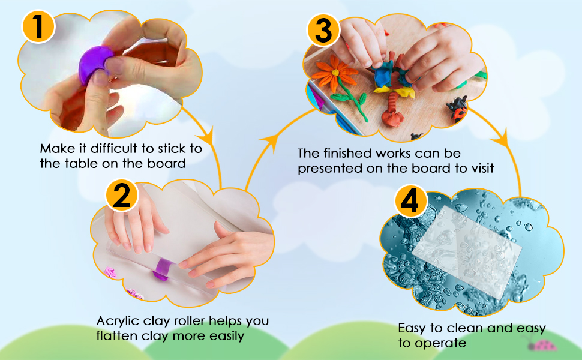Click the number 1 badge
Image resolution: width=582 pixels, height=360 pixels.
[38, 29]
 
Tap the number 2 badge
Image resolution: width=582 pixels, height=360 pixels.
[122, 196]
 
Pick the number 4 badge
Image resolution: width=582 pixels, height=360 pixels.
[410, 204]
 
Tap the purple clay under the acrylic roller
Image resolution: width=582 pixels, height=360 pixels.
[163, 268]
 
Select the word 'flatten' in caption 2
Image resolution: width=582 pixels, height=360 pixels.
[116, 336]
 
